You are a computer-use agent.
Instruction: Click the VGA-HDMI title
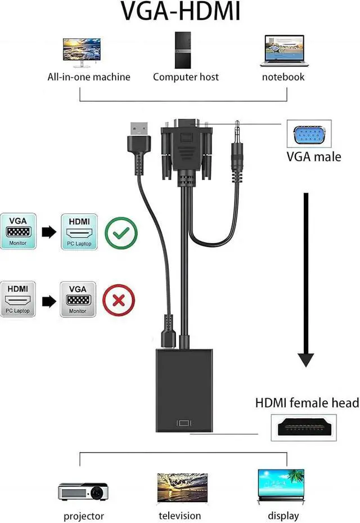[180, 11]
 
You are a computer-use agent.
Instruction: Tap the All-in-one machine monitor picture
[82, 53]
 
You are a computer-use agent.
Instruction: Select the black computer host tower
[183, 50]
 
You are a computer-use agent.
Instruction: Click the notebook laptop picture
[284, 51]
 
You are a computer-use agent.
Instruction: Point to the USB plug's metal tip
[139, 129]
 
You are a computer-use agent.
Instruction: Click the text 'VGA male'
[314, 157]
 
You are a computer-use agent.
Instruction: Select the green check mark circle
[121, 233]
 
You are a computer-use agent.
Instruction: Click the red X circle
[119, 300]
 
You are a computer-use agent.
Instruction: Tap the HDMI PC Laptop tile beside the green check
[79, 232]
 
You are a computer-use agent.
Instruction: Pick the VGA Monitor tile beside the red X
[78, 299]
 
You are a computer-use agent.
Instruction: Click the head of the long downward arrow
[305, 360]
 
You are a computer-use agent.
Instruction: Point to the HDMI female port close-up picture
[304, 428]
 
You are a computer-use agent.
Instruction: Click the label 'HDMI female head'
[307, 403]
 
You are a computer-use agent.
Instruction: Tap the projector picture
[83, 491]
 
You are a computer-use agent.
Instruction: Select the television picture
[182, 488]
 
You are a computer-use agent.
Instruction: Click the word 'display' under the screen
[283, 516]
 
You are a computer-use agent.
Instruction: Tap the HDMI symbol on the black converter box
[184, 423]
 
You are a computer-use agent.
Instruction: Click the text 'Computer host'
[186, 77]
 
